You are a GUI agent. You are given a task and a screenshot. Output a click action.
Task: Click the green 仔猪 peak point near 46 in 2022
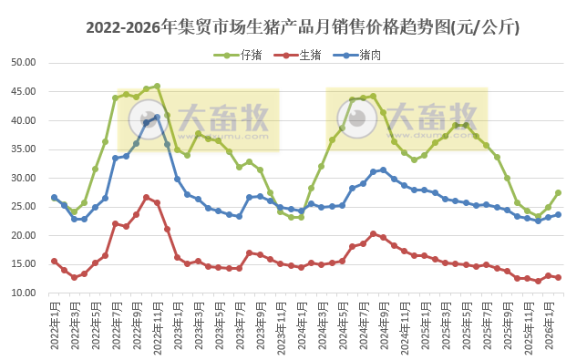[157, 87]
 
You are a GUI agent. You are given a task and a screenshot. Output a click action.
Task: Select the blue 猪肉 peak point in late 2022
[157, 117]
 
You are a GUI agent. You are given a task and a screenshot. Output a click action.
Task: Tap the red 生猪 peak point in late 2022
[147, 197]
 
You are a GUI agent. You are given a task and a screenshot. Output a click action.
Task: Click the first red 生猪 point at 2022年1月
[54, 261]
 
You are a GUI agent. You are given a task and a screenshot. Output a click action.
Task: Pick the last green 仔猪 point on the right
[558, 192]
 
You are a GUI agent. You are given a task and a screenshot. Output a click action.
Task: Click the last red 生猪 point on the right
[558, 277]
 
